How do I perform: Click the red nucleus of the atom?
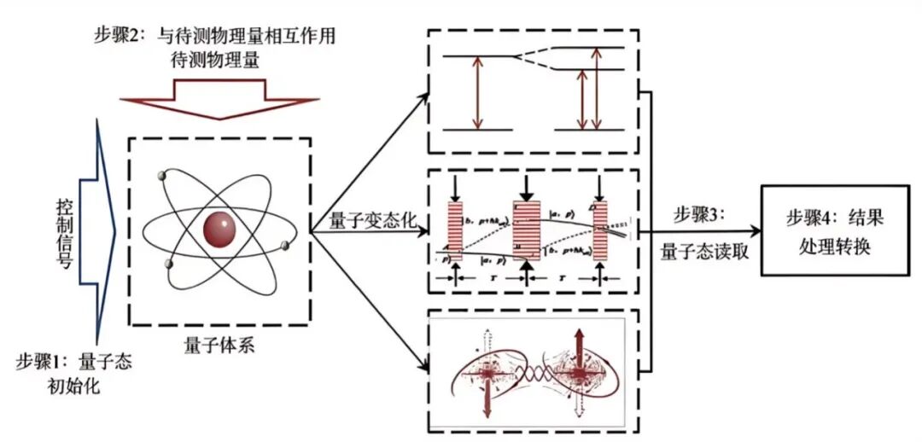click(x=220, y=228)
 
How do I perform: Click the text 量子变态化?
click(x=373, y=220)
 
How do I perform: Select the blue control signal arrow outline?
click(x=98, y=230)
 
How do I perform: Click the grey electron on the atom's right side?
click(x=284, y=247)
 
